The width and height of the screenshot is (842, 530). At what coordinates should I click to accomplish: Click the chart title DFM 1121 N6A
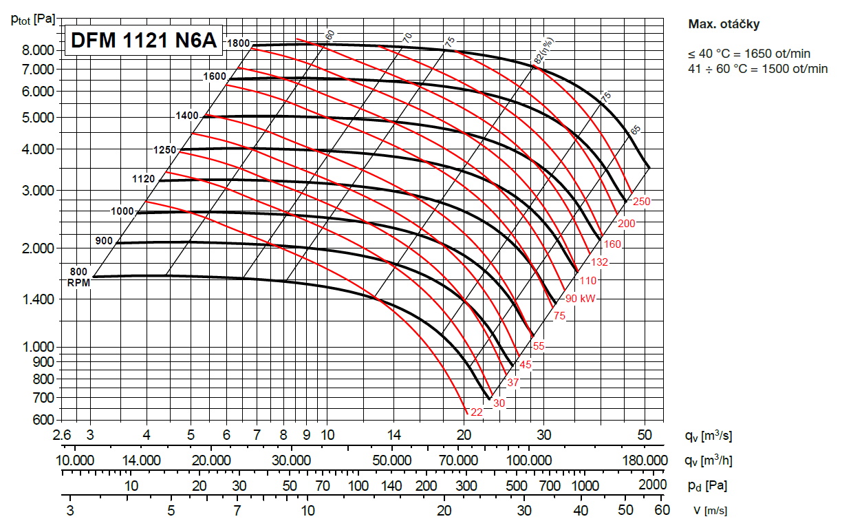click(x=143, y=42)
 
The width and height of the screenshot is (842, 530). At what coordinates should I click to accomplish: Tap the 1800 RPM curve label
click(x=239, y=43)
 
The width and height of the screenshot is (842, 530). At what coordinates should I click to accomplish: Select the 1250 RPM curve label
click(x=165, y=149)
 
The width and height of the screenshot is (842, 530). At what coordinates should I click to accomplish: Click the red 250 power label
click(x=642, y=201)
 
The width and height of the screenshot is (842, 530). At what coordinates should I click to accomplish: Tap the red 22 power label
click(x=476, y=412)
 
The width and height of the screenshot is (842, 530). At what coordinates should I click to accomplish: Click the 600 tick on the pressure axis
click(x=43, y=419)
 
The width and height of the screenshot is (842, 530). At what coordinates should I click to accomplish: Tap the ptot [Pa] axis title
click(x=33, y=19)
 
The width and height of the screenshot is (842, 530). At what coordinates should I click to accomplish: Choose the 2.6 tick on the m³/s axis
click(x=61, y=435)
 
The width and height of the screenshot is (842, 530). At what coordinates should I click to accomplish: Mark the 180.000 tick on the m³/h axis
click(x=645, y=460)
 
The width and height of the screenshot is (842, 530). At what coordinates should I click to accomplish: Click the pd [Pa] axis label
click(x=706, y=485)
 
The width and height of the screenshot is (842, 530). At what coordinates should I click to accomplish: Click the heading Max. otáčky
click(x=723, y=24)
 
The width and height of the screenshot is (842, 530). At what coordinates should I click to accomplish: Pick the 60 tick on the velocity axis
click(x=662, y=510)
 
